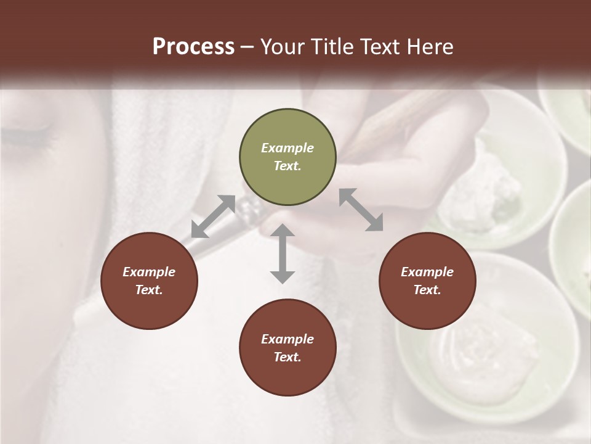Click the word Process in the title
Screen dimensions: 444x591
tap(193, 47)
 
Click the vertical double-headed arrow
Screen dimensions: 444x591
tap(283, 253)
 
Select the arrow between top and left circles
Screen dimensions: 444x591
tap(213, 216)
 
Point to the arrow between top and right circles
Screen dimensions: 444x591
tap(361, 210)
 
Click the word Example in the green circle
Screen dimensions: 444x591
tap(287, 148)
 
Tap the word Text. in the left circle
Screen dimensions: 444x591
tap(149, 290)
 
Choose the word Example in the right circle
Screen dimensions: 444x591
tap(427, 272)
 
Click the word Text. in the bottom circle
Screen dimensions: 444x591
tap(287, 357)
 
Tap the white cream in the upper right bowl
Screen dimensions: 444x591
tap(486, 185)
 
